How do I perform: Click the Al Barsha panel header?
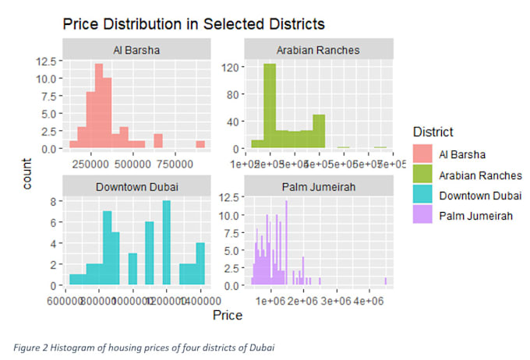pos(136,51)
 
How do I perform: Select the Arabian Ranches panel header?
pos(319,51)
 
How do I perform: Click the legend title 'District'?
pos(432,132)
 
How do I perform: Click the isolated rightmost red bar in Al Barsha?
pos(200,145)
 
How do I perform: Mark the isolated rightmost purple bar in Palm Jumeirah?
pos(385,282)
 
